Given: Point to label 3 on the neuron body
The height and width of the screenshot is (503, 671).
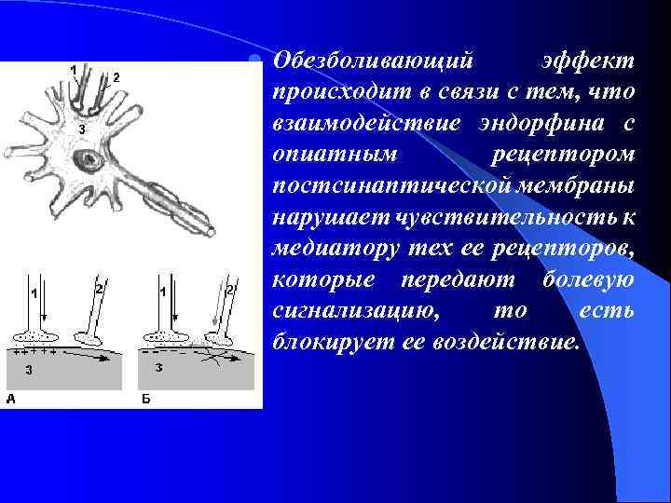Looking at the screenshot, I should tap(82, 128).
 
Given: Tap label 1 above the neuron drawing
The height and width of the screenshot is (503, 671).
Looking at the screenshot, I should tap(74, 69).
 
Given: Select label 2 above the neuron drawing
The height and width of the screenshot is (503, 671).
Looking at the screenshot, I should tap(116, 77).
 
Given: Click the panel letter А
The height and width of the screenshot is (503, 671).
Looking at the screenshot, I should tap(11, 398).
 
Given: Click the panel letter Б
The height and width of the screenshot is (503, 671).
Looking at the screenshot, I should tap(145, 398).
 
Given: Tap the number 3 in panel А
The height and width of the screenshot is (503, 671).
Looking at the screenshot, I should tap(29, 370).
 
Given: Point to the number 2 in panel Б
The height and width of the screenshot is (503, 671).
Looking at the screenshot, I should tap(229, 291).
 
